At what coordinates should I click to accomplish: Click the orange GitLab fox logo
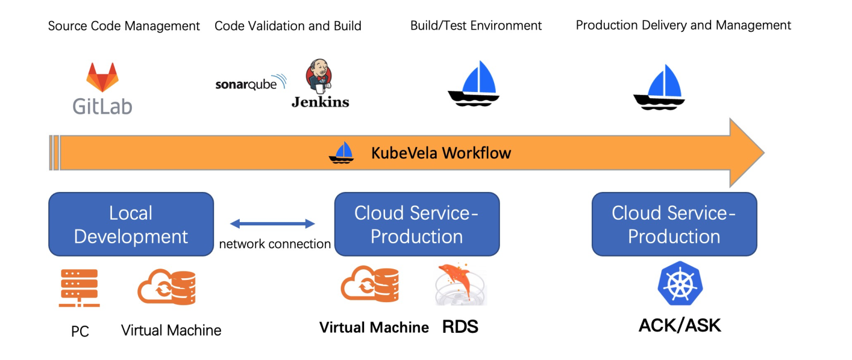tap(102, 78)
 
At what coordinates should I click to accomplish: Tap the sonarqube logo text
tap(246, 85)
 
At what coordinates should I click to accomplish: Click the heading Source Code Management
tap(124, 26)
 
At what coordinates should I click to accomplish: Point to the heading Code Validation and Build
tap(288, 26)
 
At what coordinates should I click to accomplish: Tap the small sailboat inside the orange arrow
tap(341, 153)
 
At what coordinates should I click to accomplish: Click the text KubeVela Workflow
tap(441, 153)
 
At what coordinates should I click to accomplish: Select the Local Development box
tap(131, 224)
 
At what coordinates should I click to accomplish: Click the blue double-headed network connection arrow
tap(273, 224)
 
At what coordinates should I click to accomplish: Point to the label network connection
tap(275, 244)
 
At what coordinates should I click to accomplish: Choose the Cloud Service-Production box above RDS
tap(417, 224)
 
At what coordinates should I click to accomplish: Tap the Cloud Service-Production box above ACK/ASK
tap(674, 224)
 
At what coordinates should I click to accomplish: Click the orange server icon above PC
tap(80, 288)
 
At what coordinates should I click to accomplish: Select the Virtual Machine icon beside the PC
tap(166, 287)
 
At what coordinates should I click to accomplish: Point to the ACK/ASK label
tap(680, 325)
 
